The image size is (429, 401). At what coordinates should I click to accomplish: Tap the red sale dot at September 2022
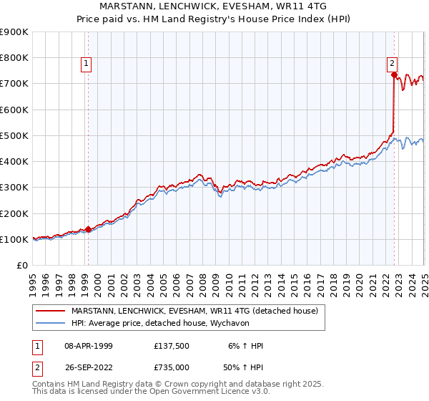(394, 74)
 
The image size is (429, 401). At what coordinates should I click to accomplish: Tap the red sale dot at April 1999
(88, 229)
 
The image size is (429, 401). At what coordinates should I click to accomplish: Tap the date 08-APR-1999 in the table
(88, 346)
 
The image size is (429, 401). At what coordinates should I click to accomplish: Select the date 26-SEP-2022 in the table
(88, 369)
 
